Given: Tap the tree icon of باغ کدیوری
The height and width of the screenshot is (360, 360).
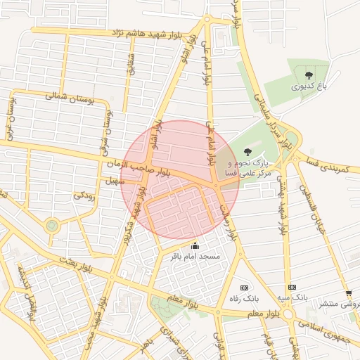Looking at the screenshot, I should click(x=307, y=74).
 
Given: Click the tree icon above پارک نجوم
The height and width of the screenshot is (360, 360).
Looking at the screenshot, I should click(x=247, y=151).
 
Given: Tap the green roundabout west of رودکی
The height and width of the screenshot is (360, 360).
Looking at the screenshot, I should click(x=51, y=226).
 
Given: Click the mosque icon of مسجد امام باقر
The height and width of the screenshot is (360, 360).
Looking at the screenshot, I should click(x=195, y=246).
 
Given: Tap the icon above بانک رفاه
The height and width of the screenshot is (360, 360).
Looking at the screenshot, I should click(x=244, y=287).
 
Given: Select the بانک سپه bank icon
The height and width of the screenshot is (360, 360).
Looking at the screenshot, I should click(x=292, y=287).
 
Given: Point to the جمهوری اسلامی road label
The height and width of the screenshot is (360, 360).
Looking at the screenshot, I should click(x=328, y=324).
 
